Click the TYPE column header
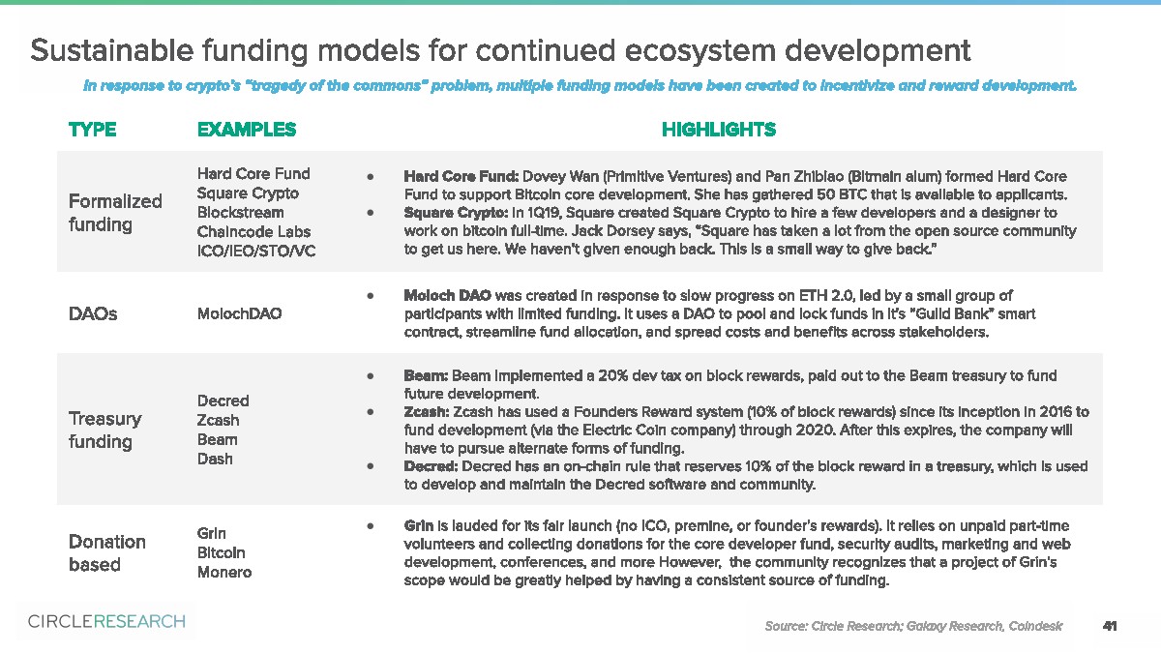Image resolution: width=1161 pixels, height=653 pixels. [92, 129]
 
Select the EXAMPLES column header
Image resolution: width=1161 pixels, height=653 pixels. [247, 129]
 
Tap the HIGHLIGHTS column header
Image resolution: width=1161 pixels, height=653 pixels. [719, 129]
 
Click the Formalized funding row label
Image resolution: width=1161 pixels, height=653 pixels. [115, 213]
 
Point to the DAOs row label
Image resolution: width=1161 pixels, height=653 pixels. [93, 313]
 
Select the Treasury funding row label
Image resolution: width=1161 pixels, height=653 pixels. [104, 430]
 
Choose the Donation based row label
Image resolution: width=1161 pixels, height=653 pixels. [107, 553]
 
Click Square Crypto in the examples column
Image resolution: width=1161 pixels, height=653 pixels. [248, 193]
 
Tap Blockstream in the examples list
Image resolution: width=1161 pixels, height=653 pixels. [241, 213]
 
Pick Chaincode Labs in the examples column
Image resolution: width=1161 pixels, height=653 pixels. [253, 231]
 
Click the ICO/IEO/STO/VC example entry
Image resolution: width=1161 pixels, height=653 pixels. [256, 251]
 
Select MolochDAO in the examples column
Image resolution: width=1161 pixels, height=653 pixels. [240, 313]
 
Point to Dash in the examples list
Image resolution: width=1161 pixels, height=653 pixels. [215, 459]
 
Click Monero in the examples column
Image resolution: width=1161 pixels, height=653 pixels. [224, 572]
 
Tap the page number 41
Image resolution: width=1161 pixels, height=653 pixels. [1110, 626]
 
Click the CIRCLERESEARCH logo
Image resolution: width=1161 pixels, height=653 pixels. [106, 621]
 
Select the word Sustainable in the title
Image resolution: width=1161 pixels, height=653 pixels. [112, 50]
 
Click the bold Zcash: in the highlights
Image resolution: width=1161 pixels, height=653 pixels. [427, 412]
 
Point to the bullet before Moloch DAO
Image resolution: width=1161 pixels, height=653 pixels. [370, 296]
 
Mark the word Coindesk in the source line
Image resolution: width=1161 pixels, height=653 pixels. [1035, 626]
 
